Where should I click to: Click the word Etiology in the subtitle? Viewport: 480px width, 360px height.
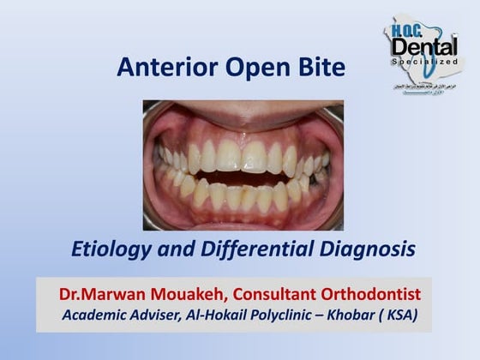108,249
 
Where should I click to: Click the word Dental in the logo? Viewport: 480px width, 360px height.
423,48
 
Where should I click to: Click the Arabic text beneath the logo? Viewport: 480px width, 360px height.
423,77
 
